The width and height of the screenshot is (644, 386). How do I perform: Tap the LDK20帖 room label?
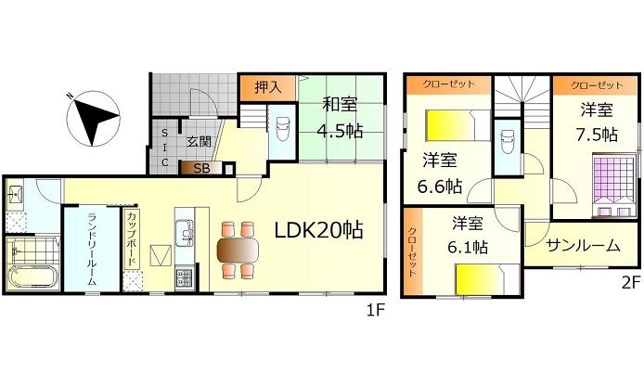coord(317,228)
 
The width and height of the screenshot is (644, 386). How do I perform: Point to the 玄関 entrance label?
coord(197,142)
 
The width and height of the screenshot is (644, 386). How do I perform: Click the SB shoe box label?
coord(200,168)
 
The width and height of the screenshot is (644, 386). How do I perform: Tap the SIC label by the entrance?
coord(164,148)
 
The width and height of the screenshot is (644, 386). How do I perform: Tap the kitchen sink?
coord(183,228)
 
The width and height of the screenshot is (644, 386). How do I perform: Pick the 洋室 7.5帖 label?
coord(595,122)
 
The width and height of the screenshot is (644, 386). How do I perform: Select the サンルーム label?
coord(583,246)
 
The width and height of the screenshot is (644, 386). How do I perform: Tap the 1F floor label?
coord(377,309)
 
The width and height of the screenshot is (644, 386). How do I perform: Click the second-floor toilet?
coord(508,144)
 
